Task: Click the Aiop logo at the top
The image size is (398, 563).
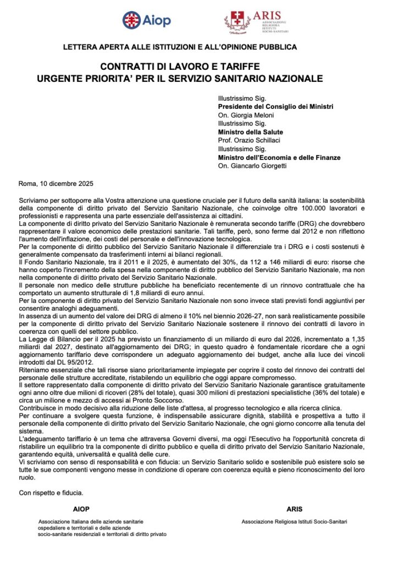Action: coord(147,20)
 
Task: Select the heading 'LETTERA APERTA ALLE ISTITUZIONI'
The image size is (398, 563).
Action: coord(180,47)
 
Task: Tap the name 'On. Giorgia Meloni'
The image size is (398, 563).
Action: coord(246,115)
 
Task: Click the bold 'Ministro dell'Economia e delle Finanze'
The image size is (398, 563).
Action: coord(279,157)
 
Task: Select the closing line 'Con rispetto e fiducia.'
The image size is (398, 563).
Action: coord(51,493)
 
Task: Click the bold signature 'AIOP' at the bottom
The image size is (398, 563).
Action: coord(81,509)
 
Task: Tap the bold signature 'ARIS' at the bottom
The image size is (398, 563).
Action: coord(294,509)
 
